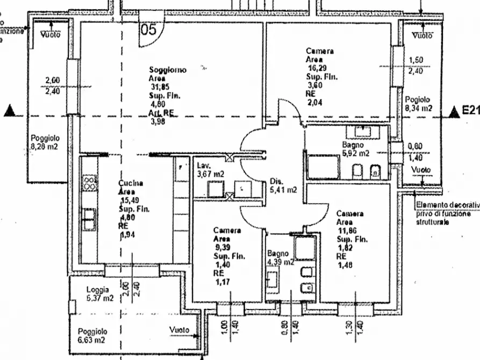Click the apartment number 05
point(148,30)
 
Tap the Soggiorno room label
point(168,70)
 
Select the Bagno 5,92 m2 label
point(356,149)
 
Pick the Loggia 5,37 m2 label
point(99,294)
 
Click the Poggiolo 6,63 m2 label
point(92,336)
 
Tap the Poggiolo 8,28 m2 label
point(45,142)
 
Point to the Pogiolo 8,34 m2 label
point(419,104)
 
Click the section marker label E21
point(471,111)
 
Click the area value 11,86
point(346,230)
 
